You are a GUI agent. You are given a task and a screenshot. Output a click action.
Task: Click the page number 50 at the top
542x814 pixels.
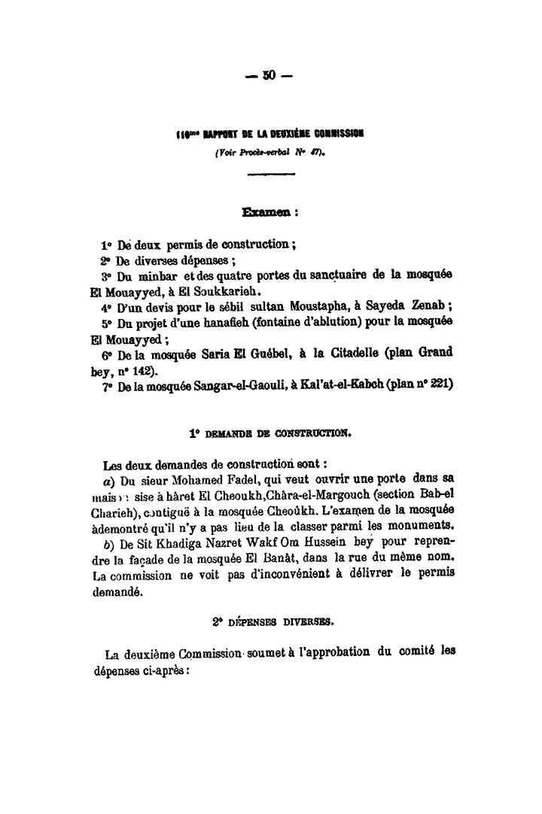click(270, 75)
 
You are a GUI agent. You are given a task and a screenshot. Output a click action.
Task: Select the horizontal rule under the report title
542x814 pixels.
click(270, 175)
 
